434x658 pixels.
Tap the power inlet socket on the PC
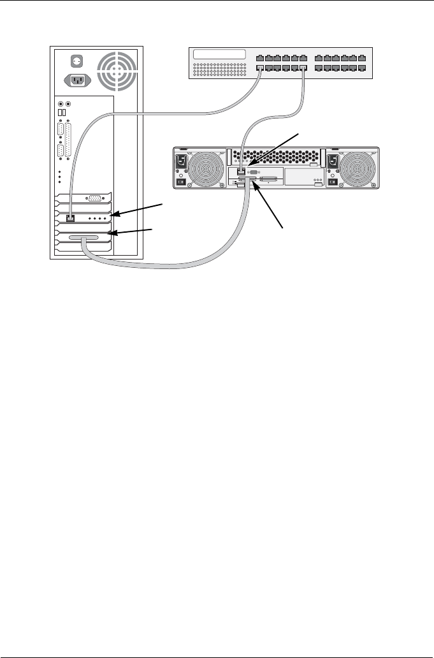coord(76,80)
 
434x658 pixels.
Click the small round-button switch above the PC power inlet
coord(76,62)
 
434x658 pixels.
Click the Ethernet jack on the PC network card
coord(71,218)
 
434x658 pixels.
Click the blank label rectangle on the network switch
coord(219,55)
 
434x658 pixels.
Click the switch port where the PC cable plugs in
coord(260,68)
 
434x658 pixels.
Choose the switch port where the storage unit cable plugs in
coord(303,68)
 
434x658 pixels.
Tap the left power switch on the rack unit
coord(181,182)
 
